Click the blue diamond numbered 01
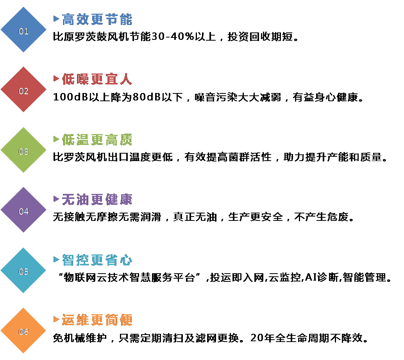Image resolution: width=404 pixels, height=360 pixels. (x=24, y=30)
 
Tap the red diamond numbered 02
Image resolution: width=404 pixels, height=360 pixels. (x=24, y=91)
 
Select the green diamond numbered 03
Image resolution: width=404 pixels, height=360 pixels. (x=24, y=151)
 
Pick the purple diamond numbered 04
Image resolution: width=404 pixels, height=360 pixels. (x=24, y=211)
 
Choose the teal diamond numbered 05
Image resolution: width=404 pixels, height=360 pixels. (x=24, y=271)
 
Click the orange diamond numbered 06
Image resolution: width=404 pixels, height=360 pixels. (x=24, y=331)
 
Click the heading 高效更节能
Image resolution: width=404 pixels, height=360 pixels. (x=97, y=19)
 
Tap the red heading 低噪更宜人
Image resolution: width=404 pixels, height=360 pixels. (x=97, y=79)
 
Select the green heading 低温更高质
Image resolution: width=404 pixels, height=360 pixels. (x=97, y=140)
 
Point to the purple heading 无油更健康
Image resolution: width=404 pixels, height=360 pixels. (x=97, y=200)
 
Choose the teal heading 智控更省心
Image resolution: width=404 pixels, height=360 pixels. (x=97, y=260)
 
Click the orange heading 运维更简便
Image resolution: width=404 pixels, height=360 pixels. (x=97, y=320)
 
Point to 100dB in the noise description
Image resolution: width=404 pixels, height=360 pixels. (x=66, y=97)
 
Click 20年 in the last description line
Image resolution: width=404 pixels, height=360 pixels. (x=261, y=338)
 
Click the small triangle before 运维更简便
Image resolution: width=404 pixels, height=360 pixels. (x=56, y=320)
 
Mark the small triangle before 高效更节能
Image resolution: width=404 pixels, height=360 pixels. (x=56, y=18)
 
